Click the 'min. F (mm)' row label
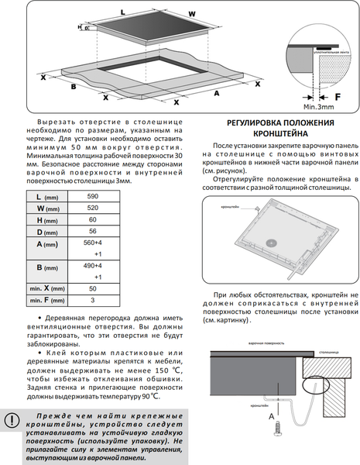(x=51, y=300)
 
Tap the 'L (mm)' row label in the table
(x=51, y=198)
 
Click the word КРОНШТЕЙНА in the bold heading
(x=280, y=134)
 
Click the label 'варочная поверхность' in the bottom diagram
(x=266, y=342)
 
